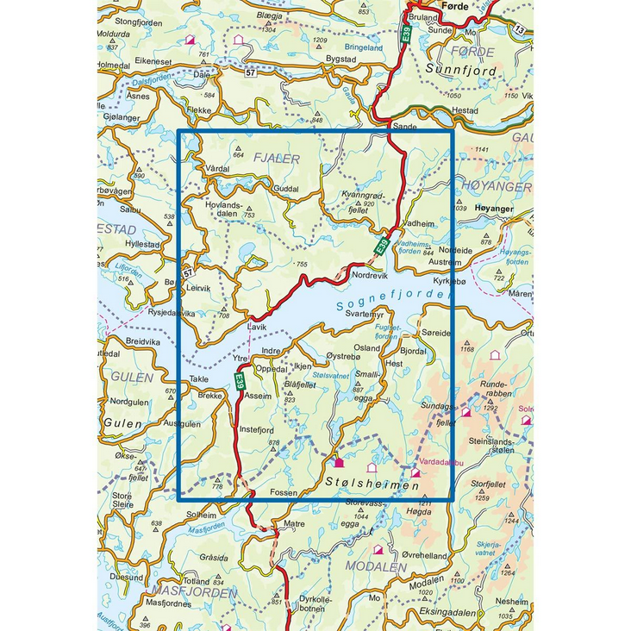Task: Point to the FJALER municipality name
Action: [x=276, y=159]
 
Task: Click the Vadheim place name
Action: [x=420, y=223]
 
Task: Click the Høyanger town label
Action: [x=494, y=209]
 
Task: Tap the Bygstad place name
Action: [x=340, y=59]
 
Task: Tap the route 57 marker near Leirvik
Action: [x=187, y=273]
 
